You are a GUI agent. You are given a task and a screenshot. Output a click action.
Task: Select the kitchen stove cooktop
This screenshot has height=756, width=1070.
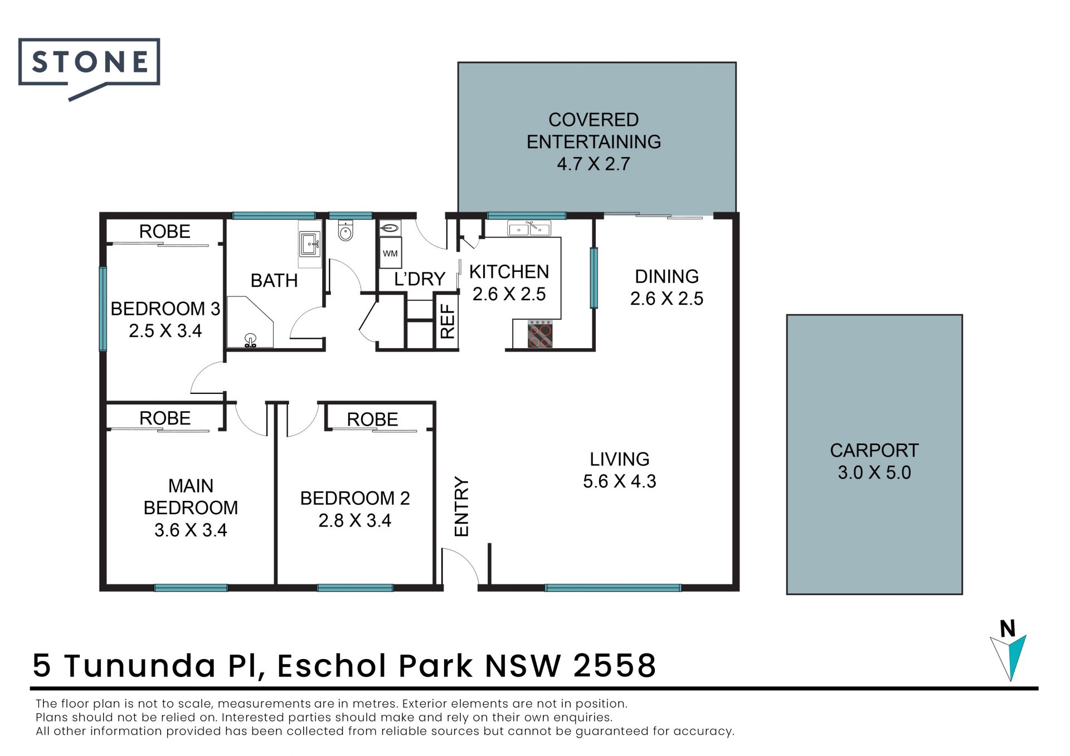[540, 334]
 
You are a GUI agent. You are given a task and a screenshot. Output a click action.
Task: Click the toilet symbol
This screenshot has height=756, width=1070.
[346, 231]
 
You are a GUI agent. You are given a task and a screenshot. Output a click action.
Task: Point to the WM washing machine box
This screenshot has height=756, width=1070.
[390, 253]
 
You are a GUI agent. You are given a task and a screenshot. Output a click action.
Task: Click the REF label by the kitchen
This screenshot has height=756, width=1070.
[448, 321]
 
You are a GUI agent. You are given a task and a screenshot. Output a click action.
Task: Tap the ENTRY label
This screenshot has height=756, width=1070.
[462, 506]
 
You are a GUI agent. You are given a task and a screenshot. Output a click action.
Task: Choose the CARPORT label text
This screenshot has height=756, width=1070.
[874, 450]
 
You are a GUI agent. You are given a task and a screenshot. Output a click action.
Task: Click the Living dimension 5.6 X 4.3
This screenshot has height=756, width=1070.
[620, 481]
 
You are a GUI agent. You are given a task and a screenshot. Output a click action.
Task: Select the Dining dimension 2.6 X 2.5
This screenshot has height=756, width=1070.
[667, 299]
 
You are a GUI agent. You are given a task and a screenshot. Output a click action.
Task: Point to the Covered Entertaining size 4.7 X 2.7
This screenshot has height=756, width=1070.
[594, 164]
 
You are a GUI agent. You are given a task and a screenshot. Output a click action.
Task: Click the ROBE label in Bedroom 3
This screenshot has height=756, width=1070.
[164, 231]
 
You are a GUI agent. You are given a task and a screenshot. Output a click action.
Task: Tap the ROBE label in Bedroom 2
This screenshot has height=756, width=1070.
[372, 420]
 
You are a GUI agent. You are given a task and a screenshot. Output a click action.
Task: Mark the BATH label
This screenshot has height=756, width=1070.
[274, 280]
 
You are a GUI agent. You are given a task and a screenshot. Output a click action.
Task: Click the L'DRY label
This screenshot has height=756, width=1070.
[420, 279]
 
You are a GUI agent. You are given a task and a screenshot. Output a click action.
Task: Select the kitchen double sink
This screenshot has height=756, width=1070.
[529, 228]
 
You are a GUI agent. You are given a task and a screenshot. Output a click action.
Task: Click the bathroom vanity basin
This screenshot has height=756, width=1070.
[310, 244]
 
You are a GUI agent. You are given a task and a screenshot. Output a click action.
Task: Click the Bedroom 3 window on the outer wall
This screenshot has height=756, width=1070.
[103, 309]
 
